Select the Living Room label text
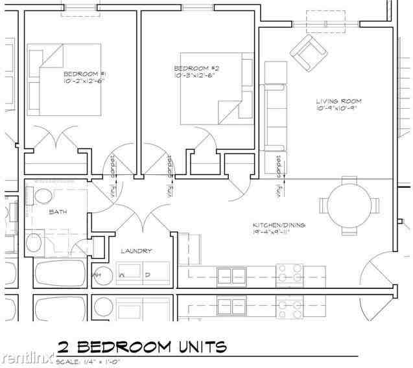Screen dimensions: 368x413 (x=338, y=101)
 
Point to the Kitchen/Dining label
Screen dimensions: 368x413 (x=279, y=225)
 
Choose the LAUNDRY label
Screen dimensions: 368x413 (x=137, y=251)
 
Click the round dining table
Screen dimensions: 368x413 (x=349, y=206)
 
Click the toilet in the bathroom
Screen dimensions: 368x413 (x=43, y=196)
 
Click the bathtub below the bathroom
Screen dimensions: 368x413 (x=60, y=274)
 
